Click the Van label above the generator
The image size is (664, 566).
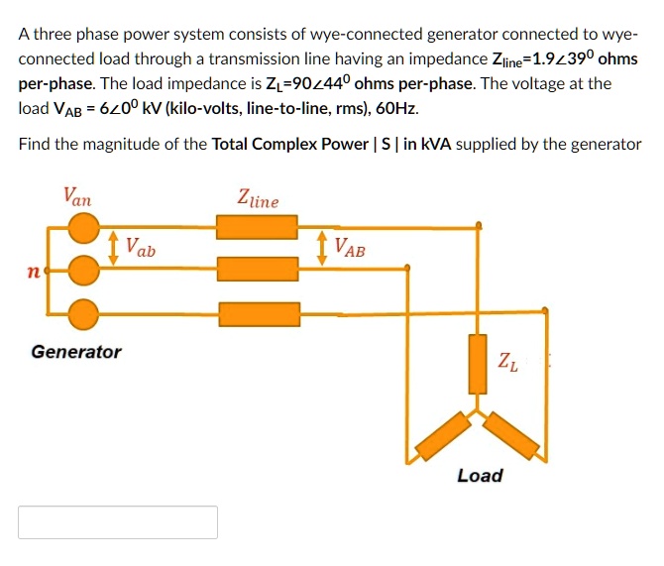coord(77,196)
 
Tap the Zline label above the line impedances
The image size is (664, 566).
coord(258,198)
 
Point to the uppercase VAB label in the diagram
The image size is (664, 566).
coord(349,248)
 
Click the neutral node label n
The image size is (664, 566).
coord(36,269)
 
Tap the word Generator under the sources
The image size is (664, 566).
coord(76,352)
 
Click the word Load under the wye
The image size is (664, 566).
coord(480,476)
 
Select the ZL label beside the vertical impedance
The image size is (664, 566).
coord(507,363)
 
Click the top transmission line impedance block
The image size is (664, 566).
coord(257,228)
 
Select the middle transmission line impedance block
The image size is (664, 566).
coord(257,268)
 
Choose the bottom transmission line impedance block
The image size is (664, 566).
coord(257,315)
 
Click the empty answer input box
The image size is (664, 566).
coord(118,522)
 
